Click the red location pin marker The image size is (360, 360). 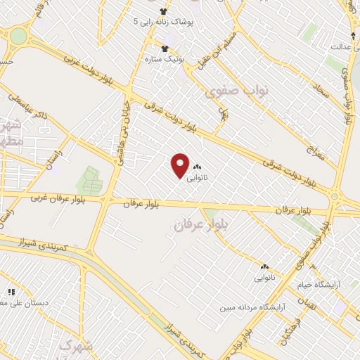181,165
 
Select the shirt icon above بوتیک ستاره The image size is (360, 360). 165,48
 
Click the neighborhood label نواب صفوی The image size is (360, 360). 233,91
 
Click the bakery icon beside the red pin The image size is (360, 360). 198,166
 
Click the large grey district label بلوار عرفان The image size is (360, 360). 198,224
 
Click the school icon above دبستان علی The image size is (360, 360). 11,291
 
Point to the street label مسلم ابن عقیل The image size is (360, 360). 213,50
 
